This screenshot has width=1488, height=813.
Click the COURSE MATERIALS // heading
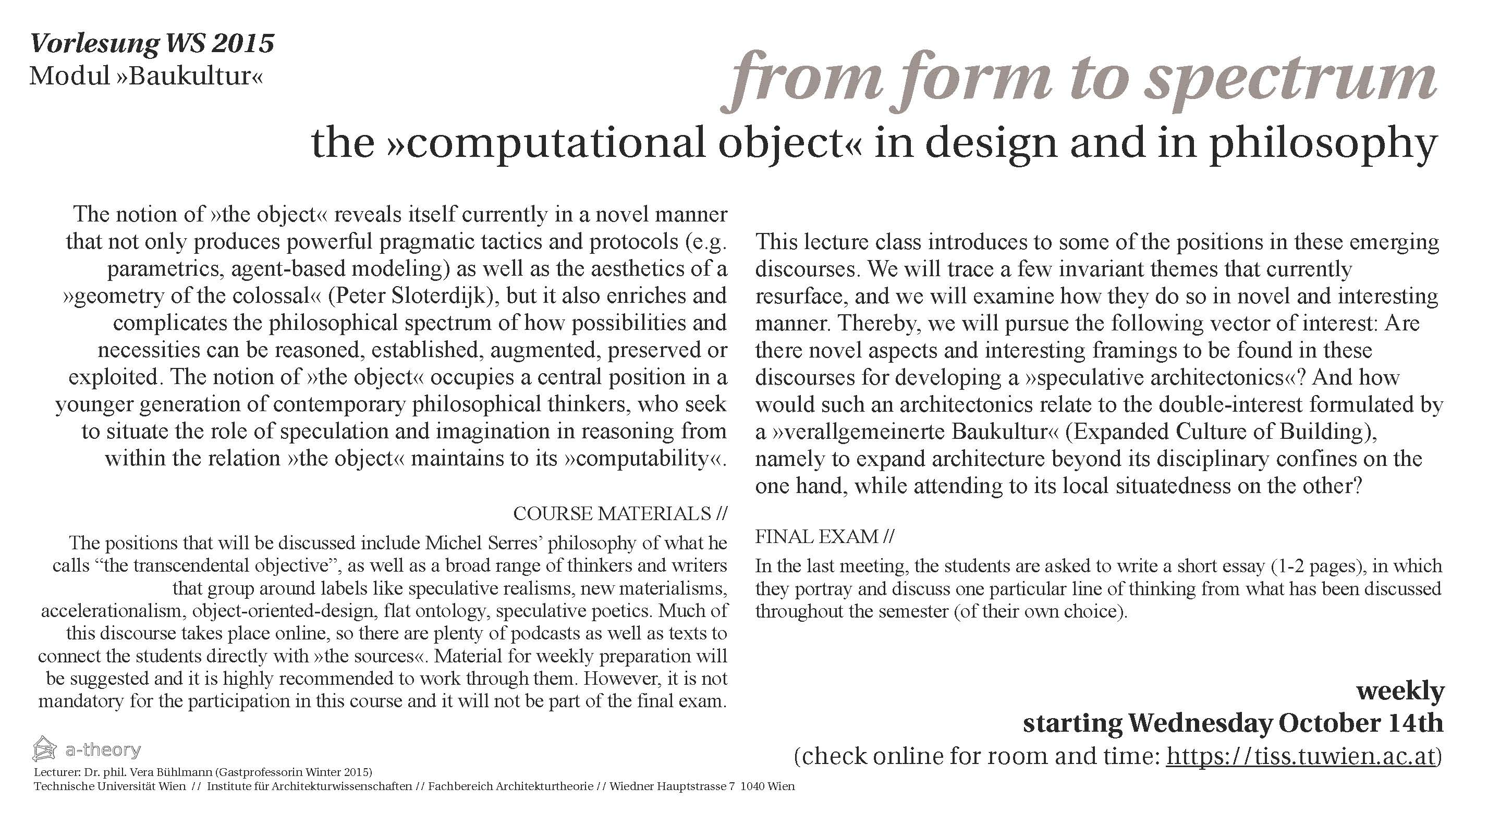pos(620,513)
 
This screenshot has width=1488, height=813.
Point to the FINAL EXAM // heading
pos(824,537)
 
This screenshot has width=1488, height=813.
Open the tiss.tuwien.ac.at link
pos(1300,756)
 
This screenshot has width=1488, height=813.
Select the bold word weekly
pos(1400,691)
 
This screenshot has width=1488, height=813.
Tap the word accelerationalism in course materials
pos(113,611)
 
